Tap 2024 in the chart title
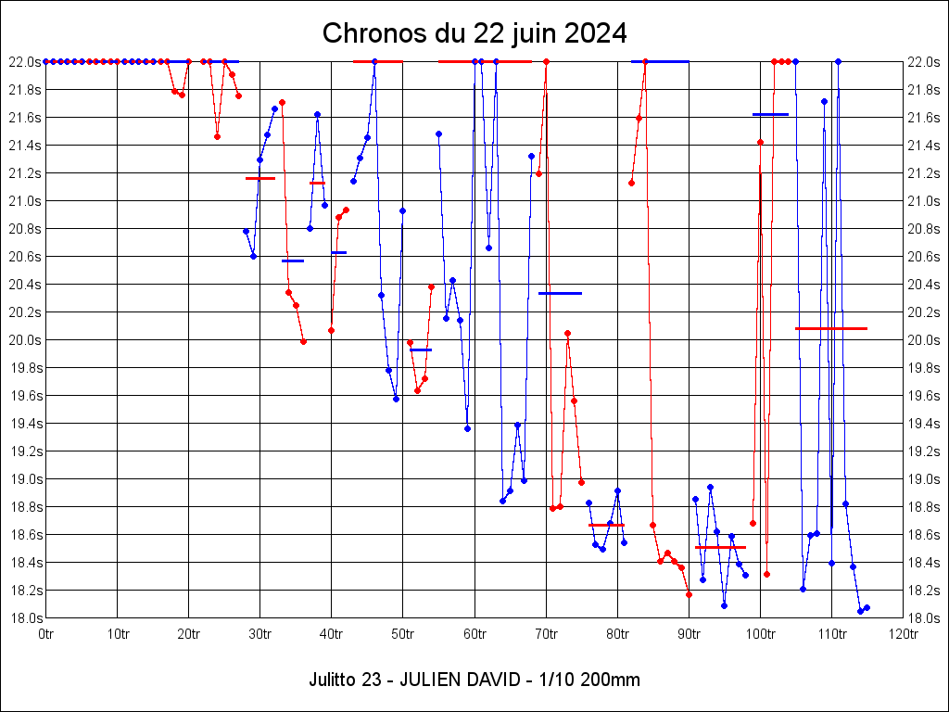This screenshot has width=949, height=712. [596, 33]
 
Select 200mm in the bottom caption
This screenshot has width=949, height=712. [609, 680]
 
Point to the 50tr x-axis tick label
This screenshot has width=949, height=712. [403, 634]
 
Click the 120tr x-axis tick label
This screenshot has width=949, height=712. [904, 634]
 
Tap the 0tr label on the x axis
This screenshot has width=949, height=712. [45, 634]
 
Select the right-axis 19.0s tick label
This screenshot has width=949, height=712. [925, 479]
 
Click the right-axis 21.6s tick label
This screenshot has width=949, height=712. [925, 118]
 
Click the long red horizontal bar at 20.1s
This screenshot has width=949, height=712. [831, 328]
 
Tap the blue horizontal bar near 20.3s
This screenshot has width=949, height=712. [560, 293]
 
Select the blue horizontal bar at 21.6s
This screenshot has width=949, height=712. [770, 114]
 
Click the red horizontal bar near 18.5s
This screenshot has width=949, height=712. [720, 547]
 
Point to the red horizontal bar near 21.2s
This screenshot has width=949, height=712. [260, 178]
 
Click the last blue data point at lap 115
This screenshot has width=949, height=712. [867, 607]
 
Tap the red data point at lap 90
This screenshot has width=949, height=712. [689, 594]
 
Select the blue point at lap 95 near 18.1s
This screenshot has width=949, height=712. [724, 605]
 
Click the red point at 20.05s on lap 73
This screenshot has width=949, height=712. [567, 333]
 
